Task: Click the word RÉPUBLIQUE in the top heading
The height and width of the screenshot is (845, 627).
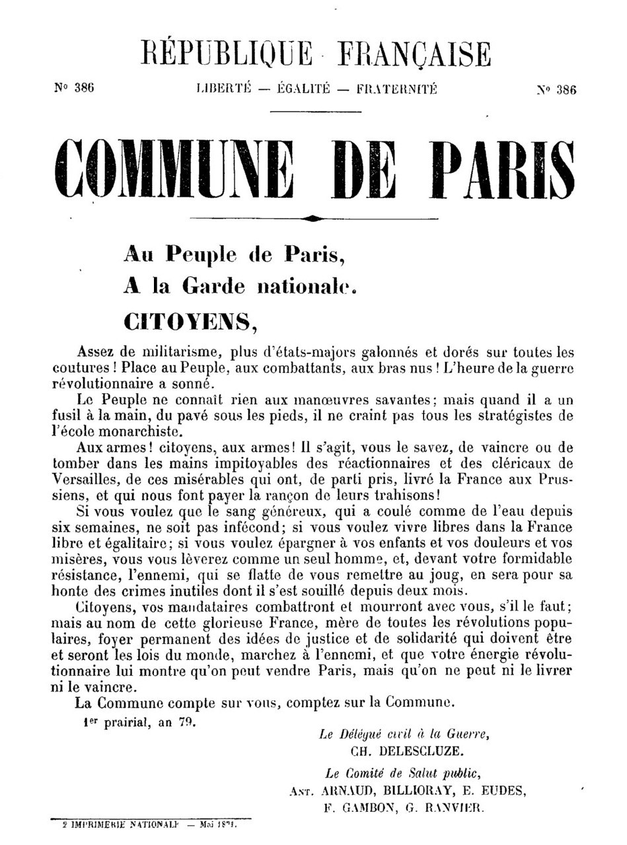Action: click(x=226, y=54)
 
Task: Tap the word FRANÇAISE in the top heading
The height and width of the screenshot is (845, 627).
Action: click(x=414, y=54)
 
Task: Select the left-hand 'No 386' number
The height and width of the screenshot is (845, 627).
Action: click(x=74, y=89)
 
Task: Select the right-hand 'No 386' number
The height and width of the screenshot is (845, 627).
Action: click(x=556, y=91)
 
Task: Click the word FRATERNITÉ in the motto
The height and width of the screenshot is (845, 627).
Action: click(x=396, y=89)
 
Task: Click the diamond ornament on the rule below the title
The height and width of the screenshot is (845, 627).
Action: click(x=314, y=217)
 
